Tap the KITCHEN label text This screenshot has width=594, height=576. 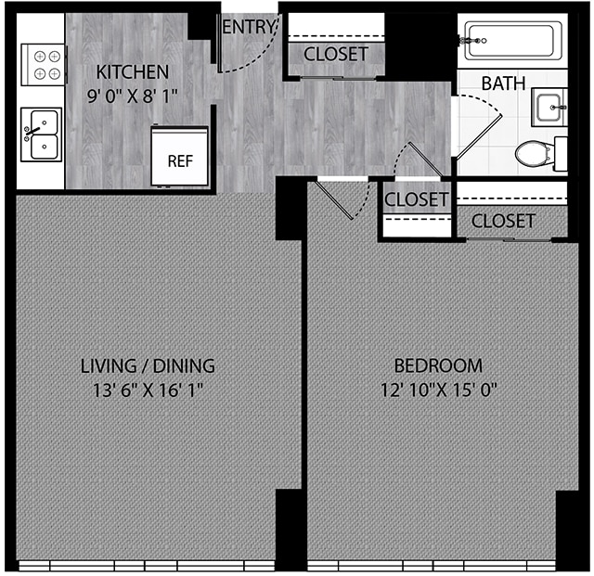point(133,71)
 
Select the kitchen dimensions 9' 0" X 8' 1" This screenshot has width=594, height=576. point(133,93)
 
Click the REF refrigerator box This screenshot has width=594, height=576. point(180,159)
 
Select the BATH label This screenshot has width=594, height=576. point(504,83)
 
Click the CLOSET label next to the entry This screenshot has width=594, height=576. point(335,54)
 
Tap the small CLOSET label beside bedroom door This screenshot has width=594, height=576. point(417,199)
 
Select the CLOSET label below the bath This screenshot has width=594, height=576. point(503,221)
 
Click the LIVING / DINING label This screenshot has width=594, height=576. point(148,365)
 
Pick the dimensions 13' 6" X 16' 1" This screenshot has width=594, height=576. point(148,390)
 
